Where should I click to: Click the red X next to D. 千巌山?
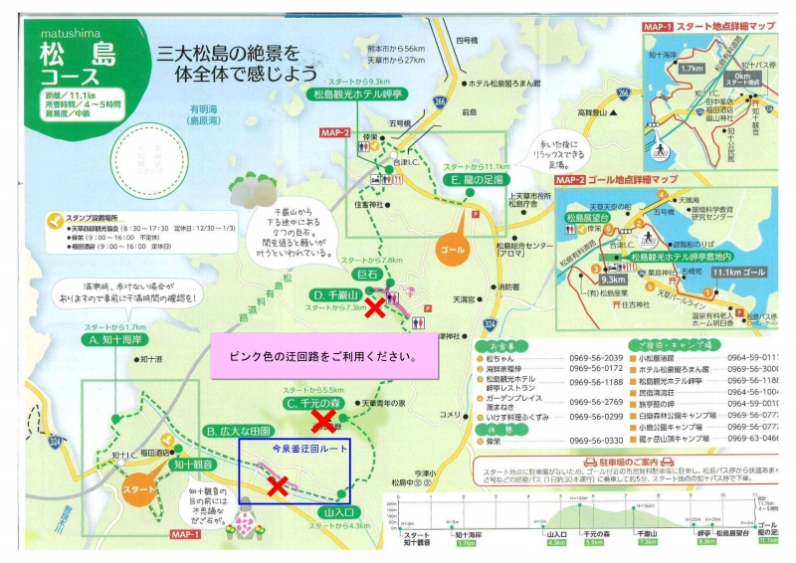coord(375,307)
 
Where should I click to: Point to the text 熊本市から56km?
coord(396,49)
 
